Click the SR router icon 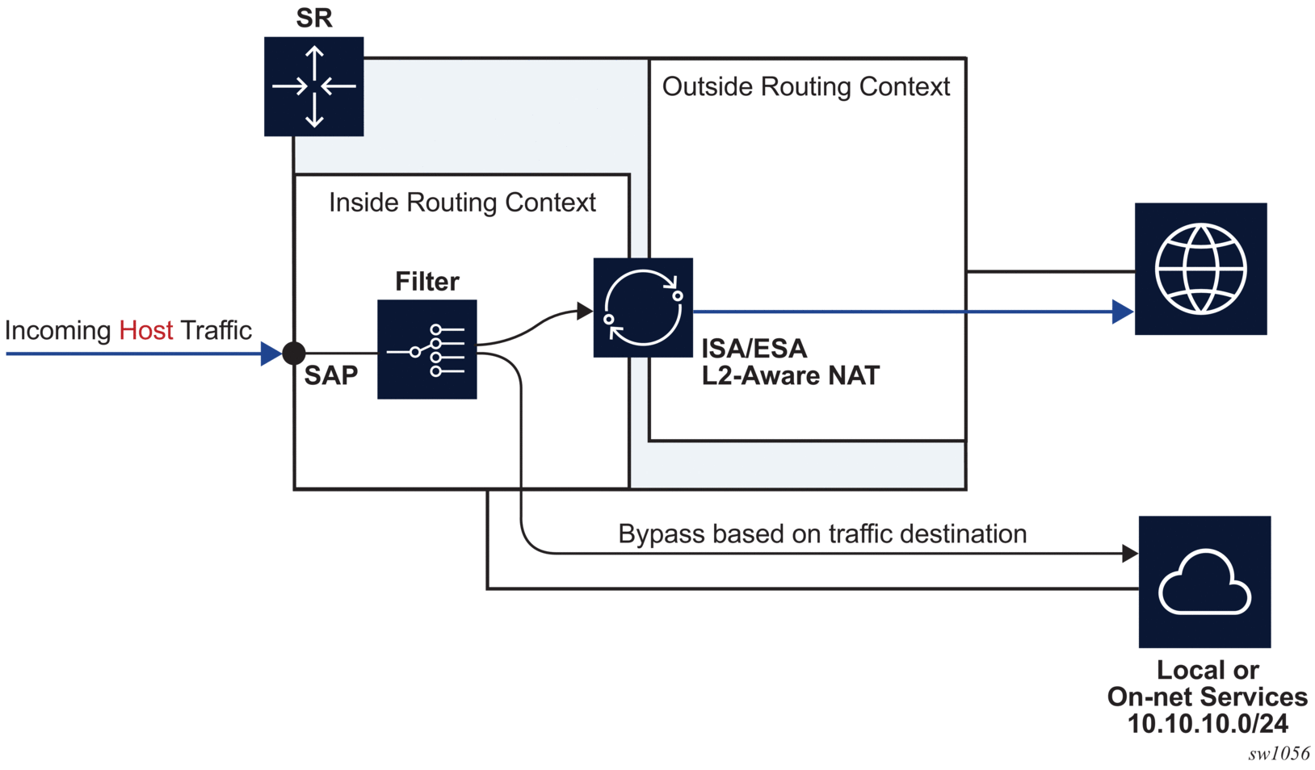point(313,86)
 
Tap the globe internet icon point(1200,269)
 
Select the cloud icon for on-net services point(1204,582)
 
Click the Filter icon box point(426,349)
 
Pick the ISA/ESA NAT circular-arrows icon point(643,308)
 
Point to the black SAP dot point(294,353)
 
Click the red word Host point(145,330)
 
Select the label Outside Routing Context point(805,86)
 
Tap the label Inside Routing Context point(462,202)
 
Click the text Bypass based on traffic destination point(822,534)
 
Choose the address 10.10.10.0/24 point(1207,723)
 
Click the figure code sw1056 point(1278,754)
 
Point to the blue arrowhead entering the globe point(1122,312)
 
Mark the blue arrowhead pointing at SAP point(271,354)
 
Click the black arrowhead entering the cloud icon point(1130,554)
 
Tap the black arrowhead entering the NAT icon point(585,311)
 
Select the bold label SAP point(331,375)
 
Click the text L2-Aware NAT point(790,375)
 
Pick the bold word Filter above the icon point(426,281)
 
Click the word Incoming point(57,330)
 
